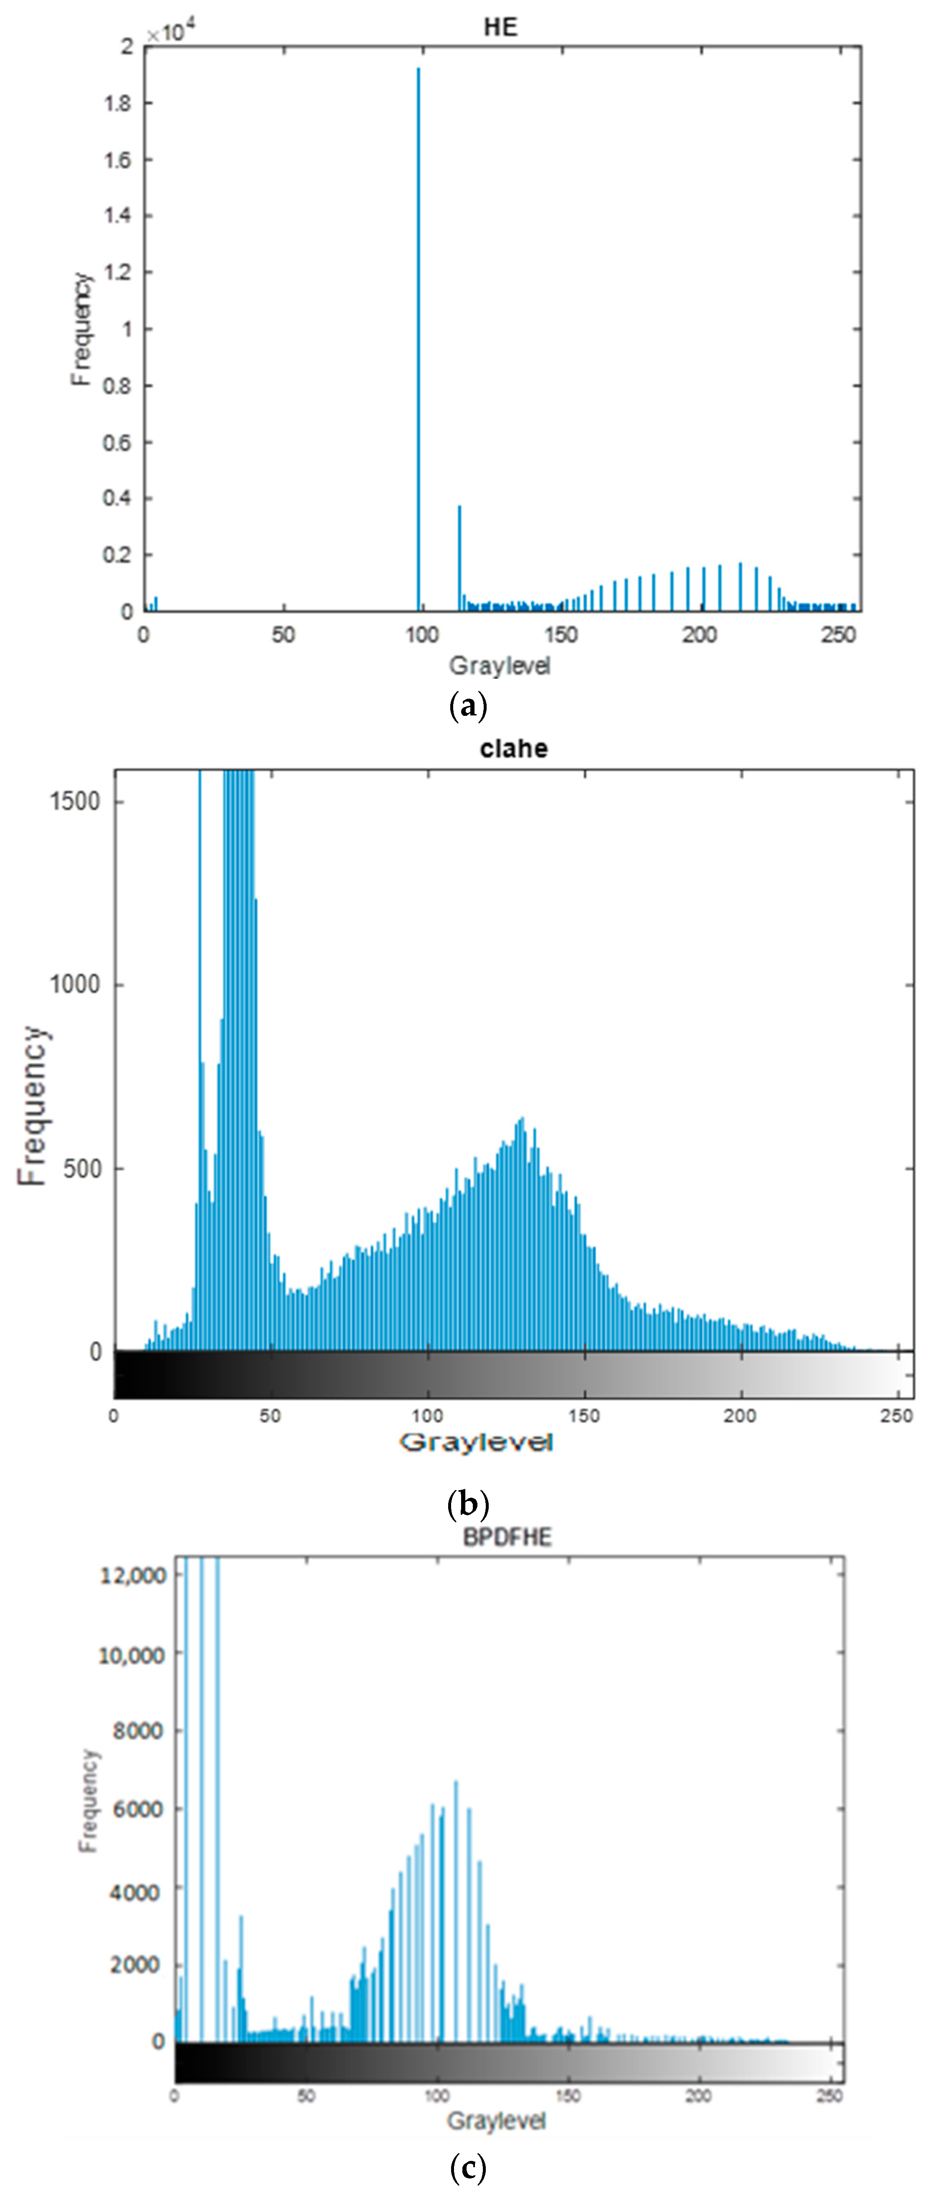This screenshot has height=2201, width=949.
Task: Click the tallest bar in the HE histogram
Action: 418,342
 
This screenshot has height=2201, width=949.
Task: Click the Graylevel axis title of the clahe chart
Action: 476,1443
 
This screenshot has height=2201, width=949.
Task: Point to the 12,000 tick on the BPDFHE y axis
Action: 133,1575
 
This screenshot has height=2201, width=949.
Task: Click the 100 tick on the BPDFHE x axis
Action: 437,2096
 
